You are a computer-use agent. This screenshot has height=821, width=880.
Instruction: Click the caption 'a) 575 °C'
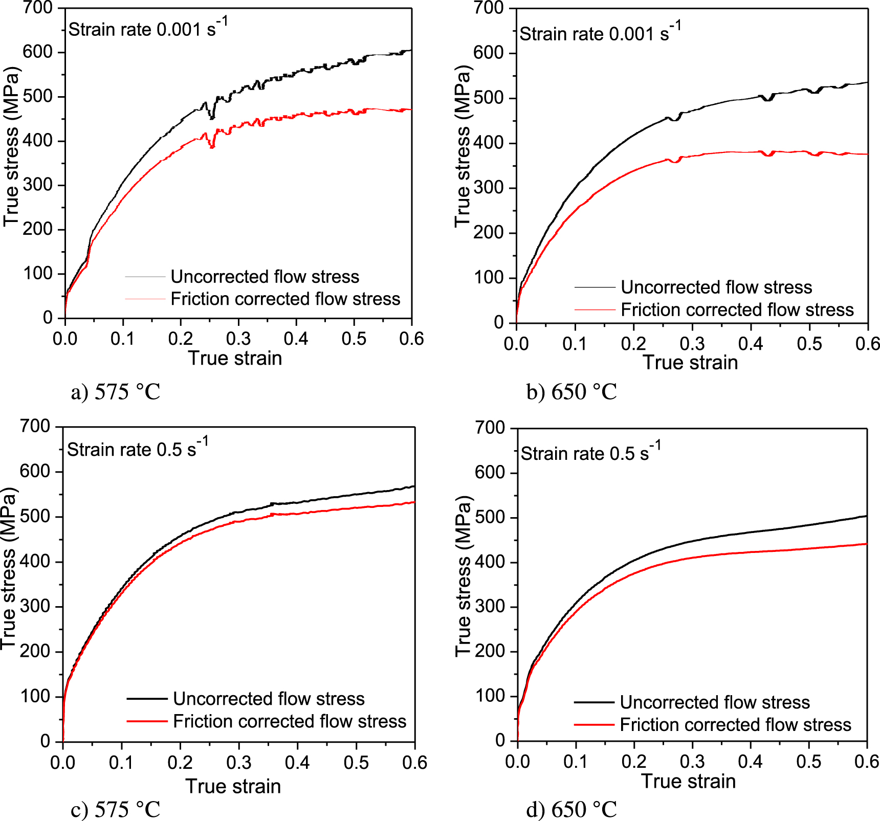[116, 392]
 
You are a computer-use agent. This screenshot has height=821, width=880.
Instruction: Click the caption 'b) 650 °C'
[571, 392]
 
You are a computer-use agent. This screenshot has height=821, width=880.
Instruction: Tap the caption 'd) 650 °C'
[571, 810]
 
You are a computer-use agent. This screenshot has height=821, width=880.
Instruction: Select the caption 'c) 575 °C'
[116, 810]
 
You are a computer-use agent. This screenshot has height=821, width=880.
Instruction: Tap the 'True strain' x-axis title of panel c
[233, 786]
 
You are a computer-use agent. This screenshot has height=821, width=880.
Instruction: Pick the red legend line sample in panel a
[145, 299]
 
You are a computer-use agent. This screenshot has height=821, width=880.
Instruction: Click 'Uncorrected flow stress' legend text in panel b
[716, 287]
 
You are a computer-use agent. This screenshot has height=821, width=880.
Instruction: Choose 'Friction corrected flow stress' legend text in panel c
[290, 721]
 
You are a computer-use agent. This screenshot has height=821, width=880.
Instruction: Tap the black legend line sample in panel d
[594, 702]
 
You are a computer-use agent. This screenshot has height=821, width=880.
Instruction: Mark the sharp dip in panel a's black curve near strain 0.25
[212, 117]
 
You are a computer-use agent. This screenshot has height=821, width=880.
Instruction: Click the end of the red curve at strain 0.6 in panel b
[867, 154]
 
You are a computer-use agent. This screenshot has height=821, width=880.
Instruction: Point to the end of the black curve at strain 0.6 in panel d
[866, 516]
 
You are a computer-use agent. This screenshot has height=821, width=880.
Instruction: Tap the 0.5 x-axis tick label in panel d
[808, 761]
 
